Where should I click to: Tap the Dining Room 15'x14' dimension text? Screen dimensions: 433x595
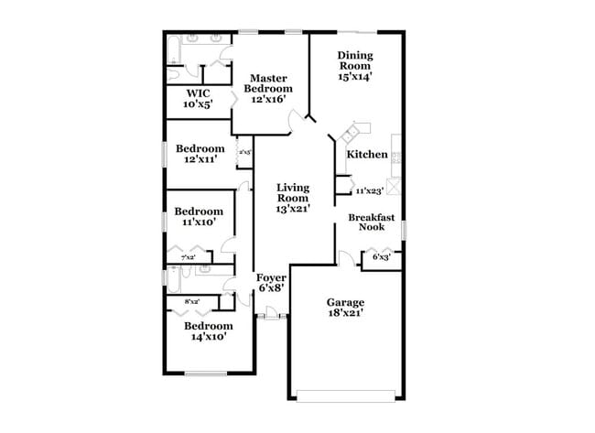pos(355,78)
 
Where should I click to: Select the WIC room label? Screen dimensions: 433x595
pos(199,93)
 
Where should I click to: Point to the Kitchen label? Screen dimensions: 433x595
pos(366,154)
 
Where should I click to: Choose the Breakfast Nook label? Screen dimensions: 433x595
pos(371,222)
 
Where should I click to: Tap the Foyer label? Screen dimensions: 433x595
pos(271,277)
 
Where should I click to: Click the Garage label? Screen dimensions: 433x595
pos(346,302)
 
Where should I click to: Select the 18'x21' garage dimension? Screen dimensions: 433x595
pos(346,314)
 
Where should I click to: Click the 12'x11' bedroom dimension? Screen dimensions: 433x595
pos(200,160)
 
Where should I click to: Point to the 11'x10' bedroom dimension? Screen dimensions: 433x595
pos(200,222)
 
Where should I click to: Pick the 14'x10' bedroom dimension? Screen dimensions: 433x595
pos(208,336)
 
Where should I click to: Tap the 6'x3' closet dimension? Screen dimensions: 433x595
pos(382,258)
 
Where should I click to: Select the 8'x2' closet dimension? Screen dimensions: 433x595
pos(192,301)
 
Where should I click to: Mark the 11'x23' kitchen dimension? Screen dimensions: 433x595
pos(369,191)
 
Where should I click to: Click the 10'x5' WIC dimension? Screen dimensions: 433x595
pos(199,104)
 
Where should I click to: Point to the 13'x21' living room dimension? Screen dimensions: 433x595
pos(294,209)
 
